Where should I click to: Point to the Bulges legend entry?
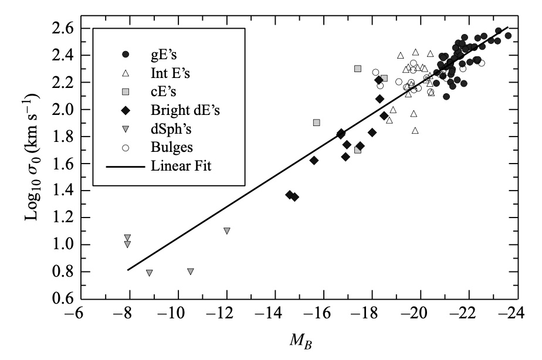coord(171,147)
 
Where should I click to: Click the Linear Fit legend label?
coord(181,166)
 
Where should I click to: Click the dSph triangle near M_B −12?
coord(226,231)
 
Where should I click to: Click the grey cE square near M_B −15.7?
coord(317,123)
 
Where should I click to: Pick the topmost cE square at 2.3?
coord(358,69)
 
